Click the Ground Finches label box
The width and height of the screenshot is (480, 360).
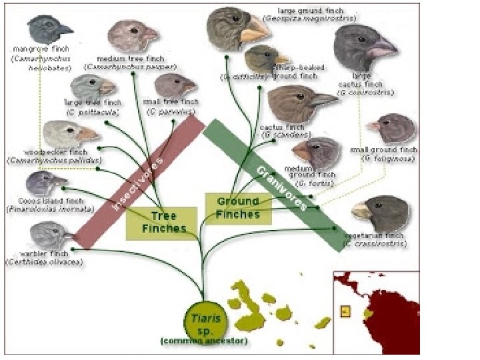click(x=238, y=208)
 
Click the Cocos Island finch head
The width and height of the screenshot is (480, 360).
click(x=45, y=182)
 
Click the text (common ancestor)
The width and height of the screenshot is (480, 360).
click(x=204, y=341)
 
